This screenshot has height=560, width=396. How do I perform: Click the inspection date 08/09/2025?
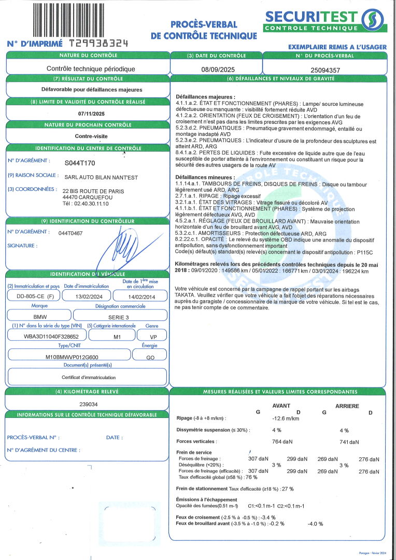click(x=216, y=68)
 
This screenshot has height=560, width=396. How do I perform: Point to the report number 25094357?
click(x=325, y=68)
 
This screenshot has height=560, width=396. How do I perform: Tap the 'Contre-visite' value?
click(x=88, y=136)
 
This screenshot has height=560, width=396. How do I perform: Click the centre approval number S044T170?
click(x=80, y=163)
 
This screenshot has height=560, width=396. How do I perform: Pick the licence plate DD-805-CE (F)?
click(x=32, y=296)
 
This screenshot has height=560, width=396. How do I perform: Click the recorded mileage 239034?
click(x=87, y=404)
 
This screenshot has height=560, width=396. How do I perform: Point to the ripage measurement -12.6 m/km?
click(x=286, y=418)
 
